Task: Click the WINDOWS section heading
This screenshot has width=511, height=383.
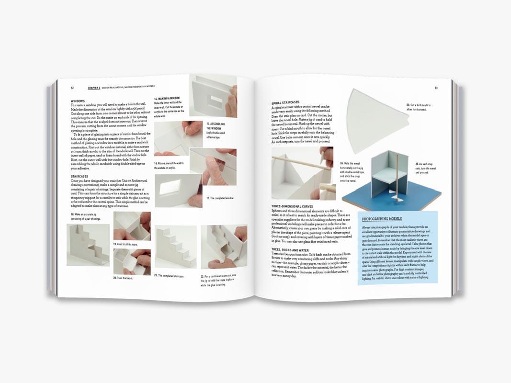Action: (78, 101)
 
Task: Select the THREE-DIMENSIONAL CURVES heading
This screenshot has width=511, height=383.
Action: (294, 206)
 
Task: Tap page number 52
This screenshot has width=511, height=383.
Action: (72, 88)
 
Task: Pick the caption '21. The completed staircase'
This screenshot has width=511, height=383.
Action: (170, 275)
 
